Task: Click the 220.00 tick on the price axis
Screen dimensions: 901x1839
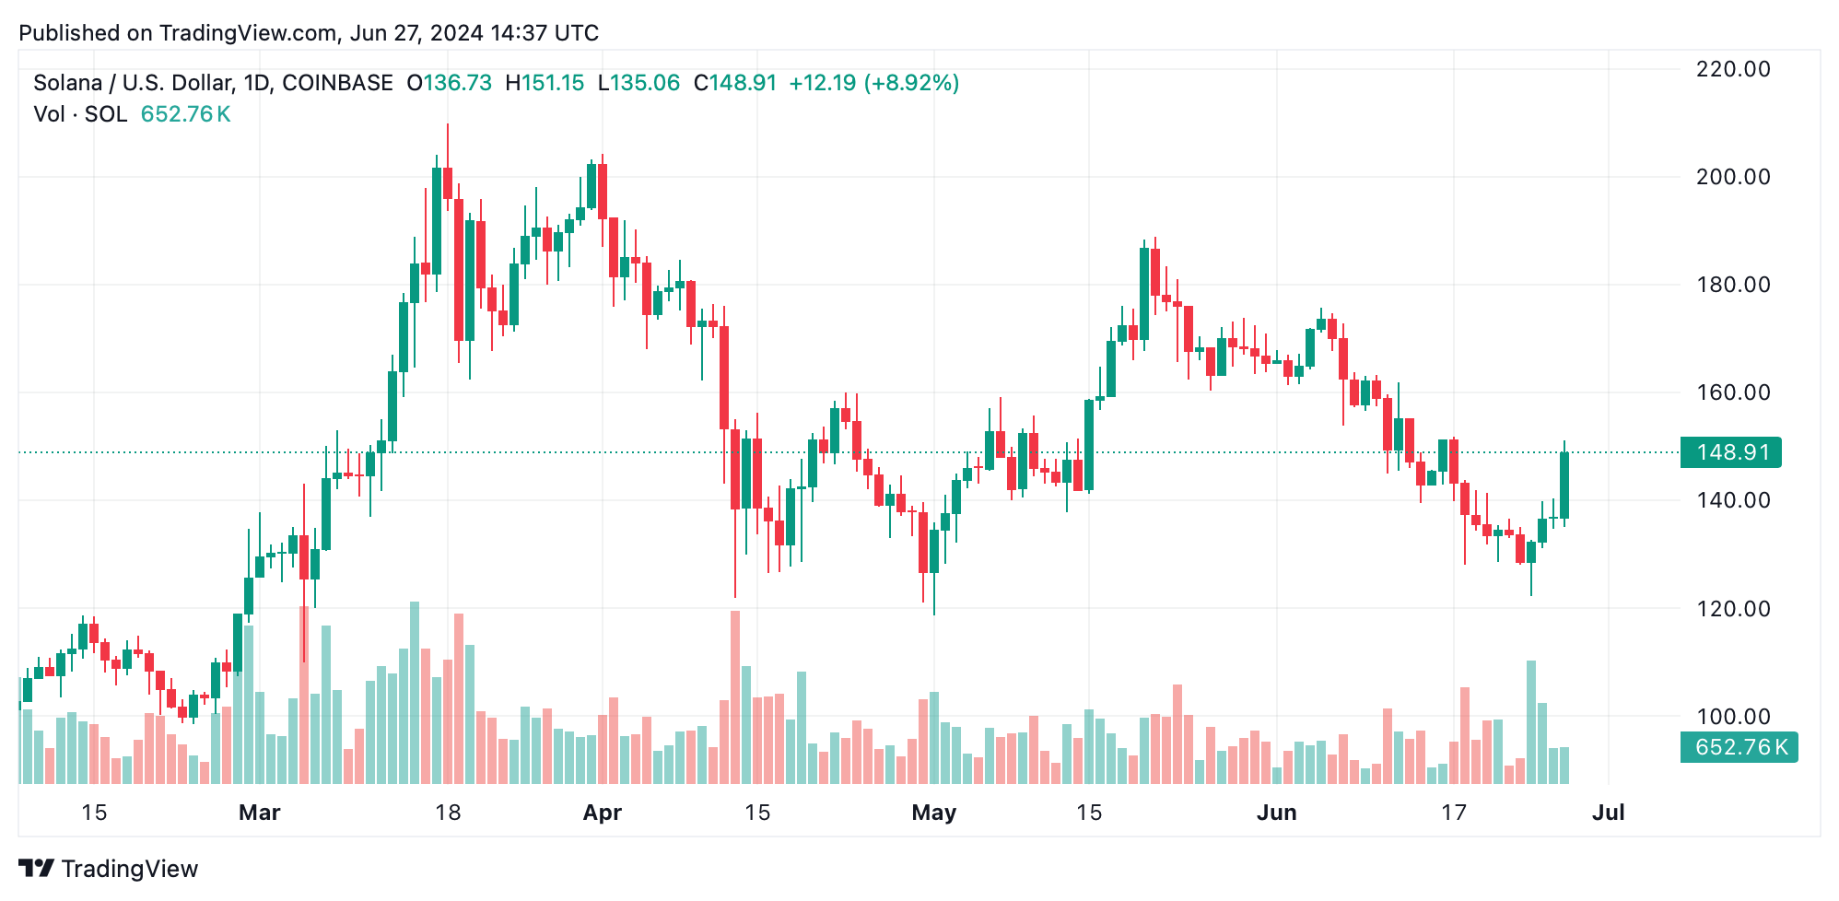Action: [1732, 69]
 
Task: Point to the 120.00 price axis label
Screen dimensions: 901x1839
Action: [1732, 609]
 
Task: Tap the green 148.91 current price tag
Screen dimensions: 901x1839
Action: [1730, 452]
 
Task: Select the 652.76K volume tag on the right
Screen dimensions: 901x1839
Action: [1738, 747]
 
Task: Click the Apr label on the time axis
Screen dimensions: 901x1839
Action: [603, 813]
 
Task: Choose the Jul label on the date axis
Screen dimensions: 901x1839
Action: [1609, 813]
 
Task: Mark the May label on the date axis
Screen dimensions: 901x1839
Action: [933, 813]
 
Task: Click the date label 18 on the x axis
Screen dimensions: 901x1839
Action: [448, 813]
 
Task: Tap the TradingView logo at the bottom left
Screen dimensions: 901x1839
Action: [109, 869]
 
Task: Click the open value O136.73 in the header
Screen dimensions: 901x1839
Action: [450, 83]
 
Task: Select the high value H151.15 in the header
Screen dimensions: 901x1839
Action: [545, 83]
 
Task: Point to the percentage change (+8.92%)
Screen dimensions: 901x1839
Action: [911, 83]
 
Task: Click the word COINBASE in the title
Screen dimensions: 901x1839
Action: [337, 83]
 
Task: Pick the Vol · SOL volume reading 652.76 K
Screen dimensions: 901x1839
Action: [185, 114]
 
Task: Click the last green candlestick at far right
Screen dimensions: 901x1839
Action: [1564, 486]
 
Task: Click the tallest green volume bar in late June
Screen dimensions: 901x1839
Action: [1531, 721]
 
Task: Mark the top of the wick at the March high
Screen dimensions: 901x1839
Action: [448, 125]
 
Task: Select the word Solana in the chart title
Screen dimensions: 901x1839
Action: [67, 83]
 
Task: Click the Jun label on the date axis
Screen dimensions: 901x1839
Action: [1276, 813]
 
